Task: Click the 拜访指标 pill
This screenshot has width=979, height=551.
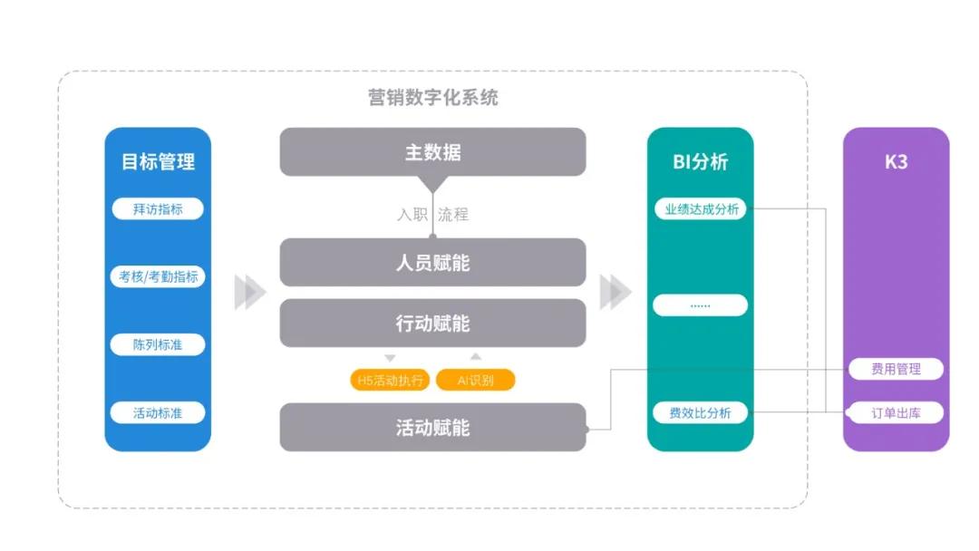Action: tap(158, 209)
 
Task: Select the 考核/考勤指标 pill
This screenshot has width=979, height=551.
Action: tap(158, 276)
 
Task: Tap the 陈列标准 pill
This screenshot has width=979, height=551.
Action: tap(158, 344)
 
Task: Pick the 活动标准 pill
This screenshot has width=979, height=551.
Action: tap(158, 412)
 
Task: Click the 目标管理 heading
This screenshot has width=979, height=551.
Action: tap(158, 161)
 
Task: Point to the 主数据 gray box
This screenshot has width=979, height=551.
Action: tap(432, 151)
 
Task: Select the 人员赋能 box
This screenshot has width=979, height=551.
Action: tap(432, 262)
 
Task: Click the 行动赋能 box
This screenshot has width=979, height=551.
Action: tap(432, 323)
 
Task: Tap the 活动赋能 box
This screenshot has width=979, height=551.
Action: tap(432, 428)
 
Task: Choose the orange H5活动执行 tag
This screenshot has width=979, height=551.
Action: tap(390, 380)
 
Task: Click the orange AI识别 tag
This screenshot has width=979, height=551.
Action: tap(475, 380)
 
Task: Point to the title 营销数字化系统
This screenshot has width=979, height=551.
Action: tap(432, 97)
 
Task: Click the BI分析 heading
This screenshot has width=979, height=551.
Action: tap(700, 161)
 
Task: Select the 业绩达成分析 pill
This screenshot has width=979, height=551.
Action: tap(701, 209)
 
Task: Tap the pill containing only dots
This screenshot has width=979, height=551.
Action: tap(700, 305)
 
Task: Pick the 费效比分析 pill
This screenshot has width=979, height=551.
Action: tap(700, 412)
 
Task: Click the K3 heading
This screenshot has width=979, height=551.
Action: tap(896, 161)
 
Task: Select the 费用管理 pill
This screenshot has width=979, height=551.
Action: tap(896, 369)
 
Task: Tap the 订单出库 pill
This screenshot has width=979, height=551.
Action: tap(896, 412)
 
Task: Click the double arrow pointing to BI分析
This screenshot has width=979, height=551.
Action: tap(616, 292)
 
